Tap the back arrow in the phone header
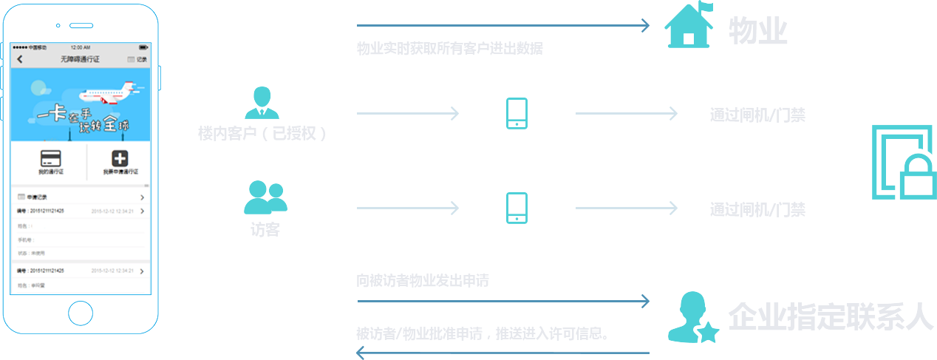click(20, 59)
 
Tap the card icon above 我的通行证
click(50, 158)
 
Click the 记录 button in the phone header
click(137, 59)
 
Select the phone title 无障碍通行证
click(80, 59)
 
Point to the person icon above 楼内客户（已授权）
click(262, 103)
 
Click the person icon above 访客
click(265, 198)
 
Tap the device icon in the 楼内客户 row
click(517, 113)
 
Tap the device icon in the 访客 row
click(517, 208)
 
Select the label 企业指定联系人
click(832, 316)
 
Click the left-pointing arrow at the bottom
click(502, 353)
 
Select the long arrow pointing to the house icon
click(502, 26)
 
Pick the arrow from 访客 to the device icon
click(408, 208)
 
